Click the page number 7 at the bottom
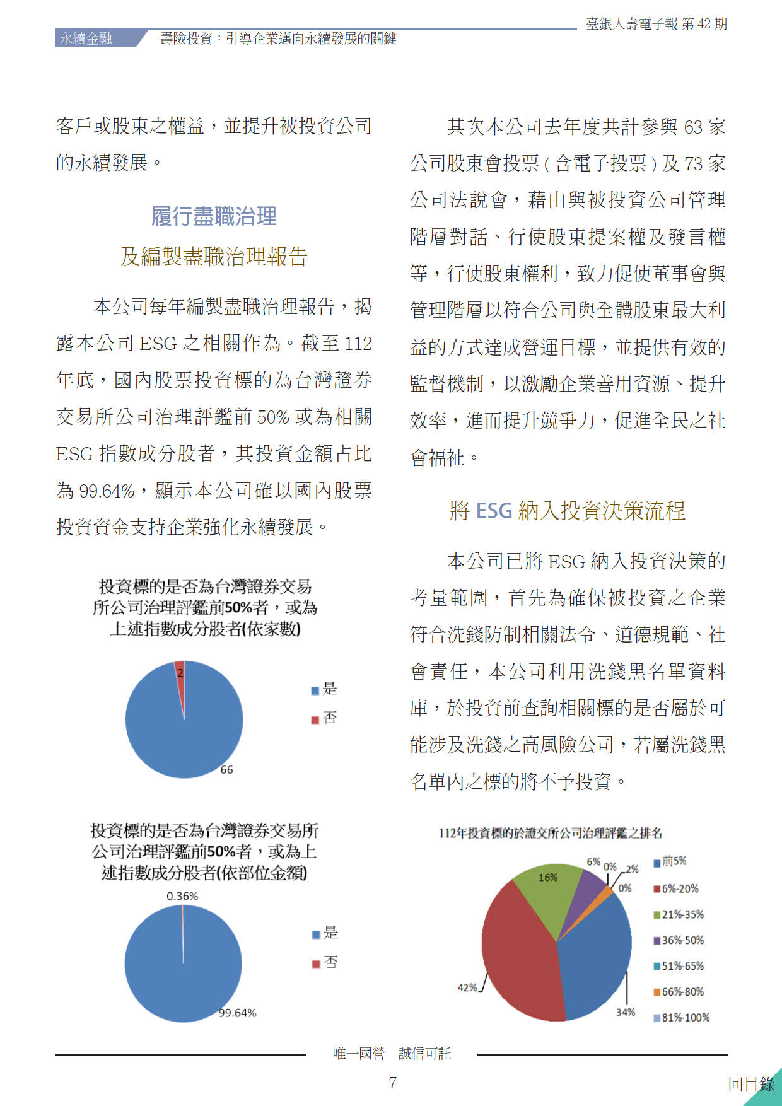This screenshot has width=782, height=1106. point(392,1083)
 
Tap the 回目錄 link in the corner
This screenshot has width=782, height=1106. point(751,1084)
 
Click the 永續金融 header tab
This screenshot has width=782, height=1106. point(86,38)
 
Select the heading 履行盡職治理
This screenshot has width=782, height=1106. point(214,216)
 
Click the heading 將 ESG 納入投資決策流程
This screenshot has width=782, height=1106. point(567,510)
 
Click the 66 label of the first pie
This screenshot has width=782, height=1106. point(226,769)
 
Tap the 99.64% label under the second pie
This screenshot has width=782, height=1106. point(237,1013)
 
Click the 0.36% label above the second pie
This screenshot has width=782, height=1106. point(182,896)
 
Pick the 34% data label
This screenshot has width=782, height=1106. point(625,1012)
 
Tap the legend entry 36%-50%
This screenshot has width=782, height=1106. point(682,940)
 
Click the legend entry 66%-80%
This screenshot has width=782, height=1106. point(682,991)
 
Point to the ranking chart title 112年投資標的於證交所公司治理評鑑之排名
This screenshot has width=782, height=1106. point(550,833)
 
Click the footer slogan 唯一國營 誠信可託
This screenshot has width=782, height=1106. point(392,1053)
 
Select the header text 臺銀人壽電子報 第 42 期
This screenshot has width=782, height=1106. point(656,24)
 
